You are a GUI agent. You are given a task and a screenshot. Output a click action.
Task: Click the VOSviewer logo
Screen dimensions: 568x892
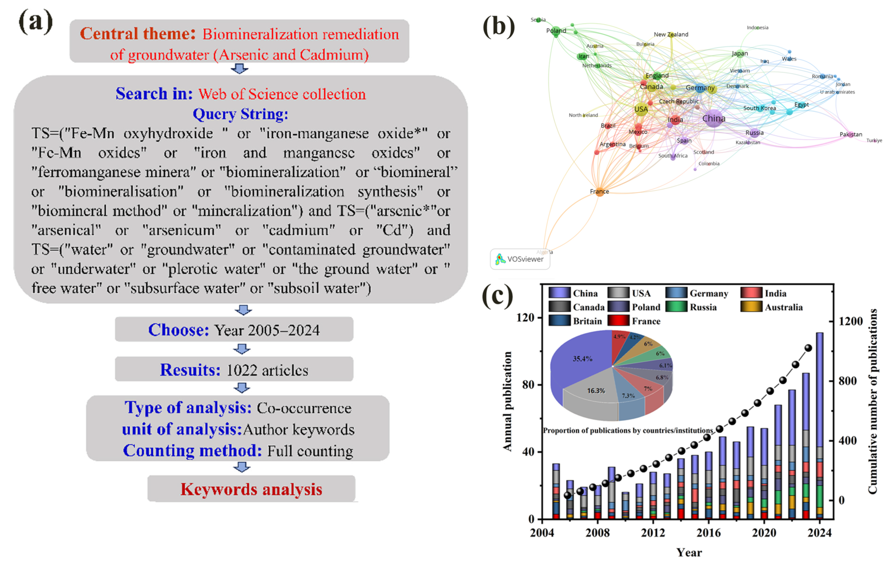(520, 259)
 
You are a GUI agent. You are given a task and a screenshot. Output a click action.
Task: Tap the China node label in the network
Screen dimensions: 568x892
(714, 119)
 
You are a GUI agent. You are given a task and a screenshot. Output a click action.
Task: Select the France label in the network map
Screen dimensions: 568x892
(599, 192)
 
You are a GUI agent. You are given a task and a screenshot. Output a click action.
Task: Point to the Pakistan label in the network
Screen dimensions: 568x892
(851, 134)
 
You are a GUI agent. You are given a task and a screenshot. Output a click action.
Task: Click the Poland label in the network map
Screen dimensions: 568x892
(556, 31)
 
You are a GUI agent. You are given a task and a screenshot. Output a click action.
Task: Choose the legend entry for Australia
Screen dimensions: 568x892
(783, 307)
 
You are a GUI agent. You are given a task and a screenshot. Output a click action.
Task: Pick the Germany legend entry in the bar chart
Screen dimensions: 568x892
(708, 293)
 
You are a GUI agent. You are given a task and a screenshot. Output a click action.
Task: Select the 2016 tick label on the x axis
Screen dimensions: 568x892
(708, 533)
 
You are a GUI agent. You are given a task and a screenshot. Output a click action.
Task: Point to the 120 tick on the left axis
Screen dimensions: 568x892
(526, 318)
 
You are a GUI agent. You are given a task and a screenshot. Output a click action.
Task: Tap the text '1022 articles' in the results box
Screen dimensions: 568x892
(267, 370)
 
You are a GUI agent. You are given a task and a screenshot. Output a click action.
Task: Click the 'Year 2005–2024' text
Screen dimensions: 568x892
(267, 330)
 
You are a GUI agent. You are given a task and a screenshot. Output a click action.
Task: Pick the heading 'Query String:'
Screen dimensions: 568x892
(240, 114)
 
